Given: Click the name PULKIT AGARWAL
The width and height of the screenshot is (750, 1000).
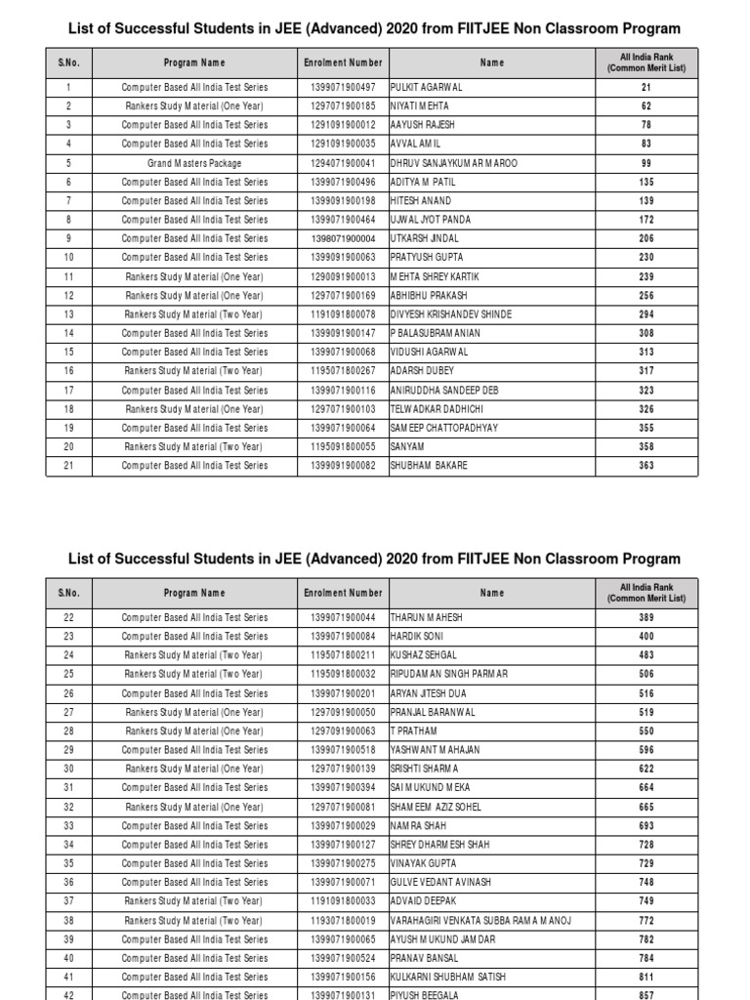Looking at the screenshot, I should [427, 87].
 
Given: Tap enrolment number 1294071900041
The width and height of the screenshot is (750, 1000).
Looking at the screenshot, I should [342, 163].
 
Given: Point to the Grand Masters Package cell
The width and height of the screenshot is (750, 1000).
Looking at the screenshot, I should [194, 163].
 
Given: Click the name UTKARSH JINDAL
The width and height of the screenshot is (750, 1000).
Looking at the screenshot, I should [424, 238].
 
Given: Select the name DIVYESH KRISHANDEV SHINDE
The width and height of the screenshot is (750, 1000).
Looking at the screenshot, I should [451, 314].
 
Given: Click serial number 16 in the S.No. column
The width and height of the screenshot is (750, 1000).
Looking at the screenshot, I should [69, 371].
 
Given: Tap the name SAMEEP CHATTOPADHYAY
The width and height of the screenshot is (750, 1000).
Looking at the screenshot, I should [443, 428].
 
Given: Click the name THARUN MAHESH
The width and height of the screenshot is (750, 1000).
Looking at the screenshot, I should [427, 617].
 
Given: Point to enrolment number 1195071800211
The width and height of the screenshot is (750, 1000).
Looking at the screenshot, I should [342, 655].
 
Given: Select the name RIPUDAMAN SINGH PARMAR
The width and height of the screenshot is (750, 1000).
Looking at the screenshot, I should [449, 674].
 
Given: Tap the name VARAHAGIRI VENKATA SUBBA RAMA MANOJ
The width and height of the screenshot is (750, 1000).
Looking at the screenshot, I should [480, 920].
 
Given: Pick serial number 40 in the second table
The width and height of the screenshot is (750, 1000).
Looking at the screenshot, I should [69, 958].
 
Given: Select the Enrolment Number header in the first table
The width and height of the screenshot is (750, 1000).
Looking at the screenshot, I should [342, 62].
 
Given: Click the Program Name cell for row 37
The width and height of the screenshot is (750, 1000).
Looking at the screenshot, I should [194, 900].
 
